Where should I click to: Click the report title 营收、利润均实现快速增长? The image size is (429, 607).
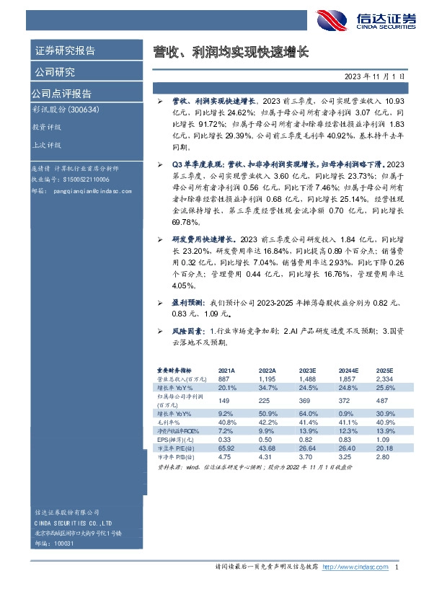click(x=230, y=52)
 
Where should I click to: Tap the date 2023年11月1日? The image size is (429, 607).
click(x=375, y=75)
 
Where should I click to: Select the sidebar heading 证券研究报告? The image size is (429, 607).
click(x=65, y=51)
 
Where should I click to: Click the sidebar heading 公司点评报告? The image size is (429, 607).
click(x=61, y=94)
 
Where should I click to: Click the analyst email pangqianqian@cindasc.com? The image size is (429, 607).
click(x=92, y=192)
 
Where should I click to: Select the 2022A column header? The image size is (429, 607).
click(x=267, y=368)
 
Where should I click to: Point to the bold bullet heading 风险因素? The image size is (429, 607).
click(x=186, y=330)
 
